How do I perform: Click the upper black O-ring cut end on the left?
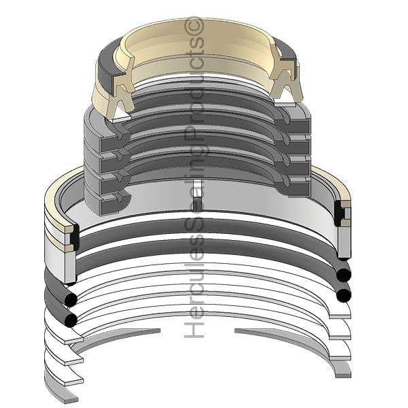[x=71, y=300]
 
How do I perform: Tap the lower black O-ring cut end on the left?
[x=71, y=320]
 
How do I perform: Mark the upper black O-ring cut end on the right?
[x=343, y=275]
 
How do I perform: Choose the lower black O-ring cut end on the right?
[x=343, y=295]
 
